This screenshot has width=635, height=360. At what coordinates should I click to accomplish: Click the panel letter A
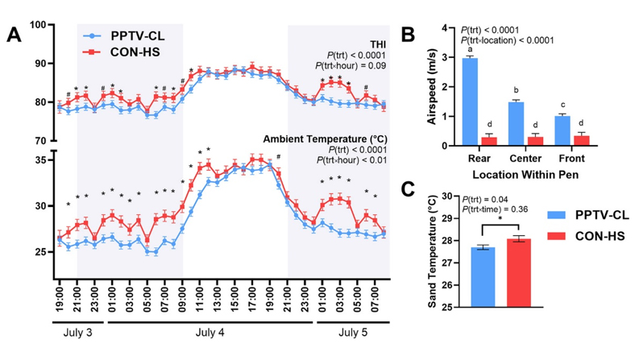click(x=15, y=35)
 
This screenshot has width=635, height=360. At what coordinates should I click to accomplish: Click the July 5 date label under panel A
click(x=351, y=331)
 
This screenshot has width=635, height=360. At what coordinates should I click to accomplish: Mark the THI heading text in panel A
click(x=380, y=43)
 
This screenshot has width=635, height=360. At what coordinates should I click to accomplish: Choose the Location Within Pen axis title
click(x=517, y=173)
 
